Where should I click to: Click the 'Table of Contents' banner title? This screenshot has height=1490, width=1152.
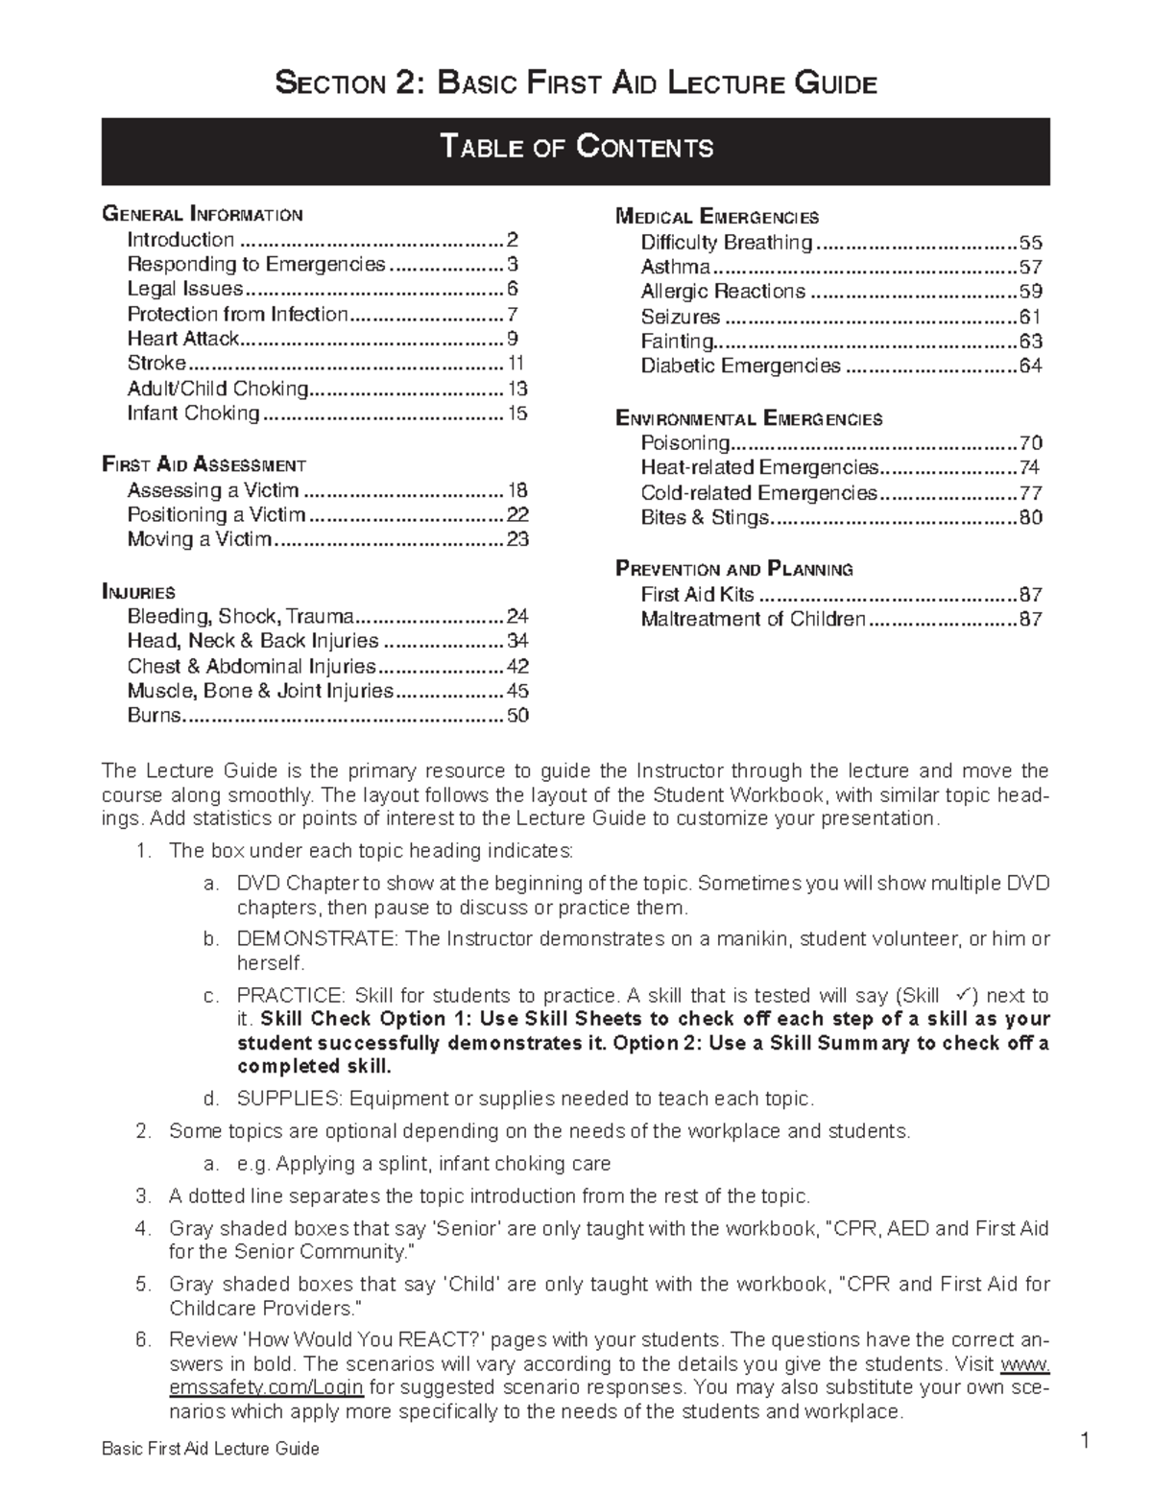[576, 148]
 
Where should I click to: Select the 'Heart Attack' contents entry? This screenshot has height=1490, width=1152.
[182, 339]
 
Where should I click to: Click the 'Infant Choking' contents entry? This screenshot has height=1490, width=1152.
[193, 414]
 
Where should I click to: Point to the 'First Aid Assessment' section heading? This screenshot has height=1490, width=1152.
[204, 465]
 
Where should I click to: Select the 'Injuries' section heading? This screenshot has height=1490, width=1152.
[138, 592]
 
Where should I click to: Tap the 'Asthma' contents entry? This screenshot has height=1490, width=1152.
[675, 268]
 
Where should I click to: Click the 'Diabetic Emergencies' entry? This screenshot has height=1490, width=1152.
[740, 367]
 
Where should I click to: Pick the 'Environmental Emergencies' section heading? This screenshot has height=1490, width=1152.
[748, 418]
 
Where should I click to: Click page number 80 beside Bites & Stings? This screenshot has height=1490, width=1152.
[1030, 518]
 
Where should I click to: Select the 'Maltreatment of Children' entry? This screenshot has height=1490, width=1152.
[753, 620]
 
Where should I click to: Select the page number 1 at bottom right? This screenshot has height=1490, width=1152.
[1084, 1441]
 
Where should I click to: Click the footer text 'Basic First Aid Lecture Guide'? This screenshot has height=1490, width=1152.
[210, 1449]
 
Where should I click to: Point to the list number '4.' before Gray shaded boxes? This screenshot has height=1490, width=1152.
[144, 1228]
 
